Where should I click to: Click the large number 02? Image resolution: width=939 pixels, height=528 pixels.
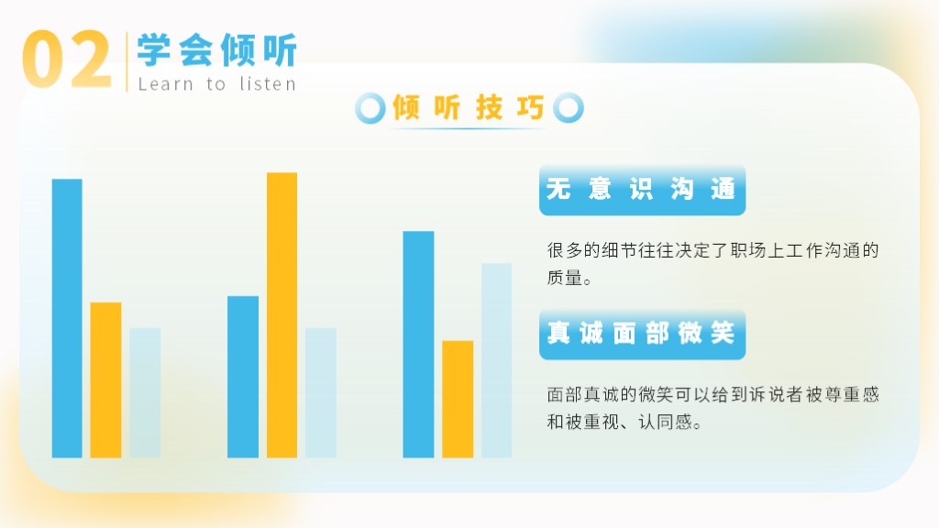66,60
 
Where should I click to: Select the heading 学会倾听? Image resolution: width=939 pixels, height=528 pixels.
216,49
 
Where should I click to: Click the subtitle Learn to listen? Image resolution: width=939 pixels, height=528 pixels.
216,84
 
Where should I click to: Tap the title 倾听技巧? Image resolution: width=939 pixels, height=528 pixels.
468,108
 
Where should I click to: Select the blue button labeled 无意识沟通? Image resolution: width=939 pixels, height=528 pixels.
642,190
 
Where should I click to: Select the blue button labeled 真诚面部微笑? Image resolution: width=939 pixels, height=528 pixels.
642,334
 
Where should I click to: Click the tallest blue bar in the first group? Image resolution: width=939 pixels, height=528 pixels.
67,318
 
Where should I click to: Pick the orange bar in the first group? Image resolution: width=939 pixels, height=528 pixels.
105,380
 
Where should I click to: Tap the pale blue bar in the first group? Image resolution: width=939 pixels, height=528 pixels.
145,392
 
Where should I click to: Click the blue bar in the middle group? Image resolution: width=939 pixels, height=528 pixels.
243,377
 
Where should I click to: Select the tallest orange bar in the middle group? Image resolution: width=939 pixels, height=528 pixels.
282,315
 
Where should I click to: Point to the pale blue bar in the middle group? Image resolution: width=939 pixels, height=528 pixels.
321,392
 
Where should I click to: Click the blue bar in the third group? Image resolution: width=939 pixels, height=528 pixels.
418,345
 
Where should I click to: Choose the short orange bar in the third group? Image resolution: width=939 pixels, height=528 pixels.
458,400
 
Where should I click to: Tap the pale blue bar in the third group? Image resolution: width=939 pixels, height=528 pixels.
496,360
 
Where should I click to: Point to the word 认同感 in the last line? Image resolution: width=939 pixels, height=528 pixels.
666,422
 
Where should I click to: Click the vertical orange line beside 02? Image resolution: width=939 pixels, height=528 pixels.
127,61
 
